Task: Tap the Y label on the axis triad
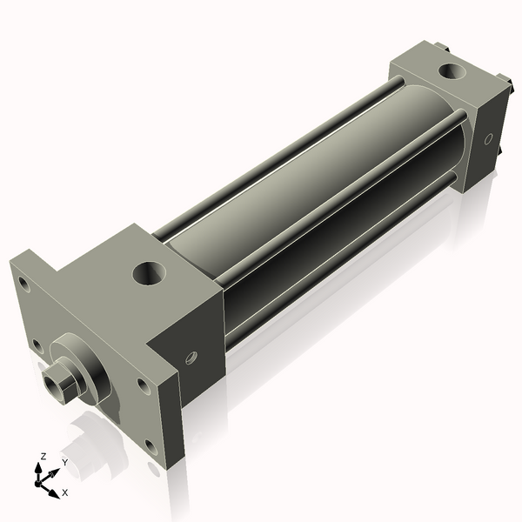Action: pyautogui.click(x=64, y=463)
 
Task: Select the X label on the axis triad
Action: pyautogui.click(x=64, y=492)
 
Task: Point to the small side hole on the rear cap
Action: pyautogui.click(x=488, y=137)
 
